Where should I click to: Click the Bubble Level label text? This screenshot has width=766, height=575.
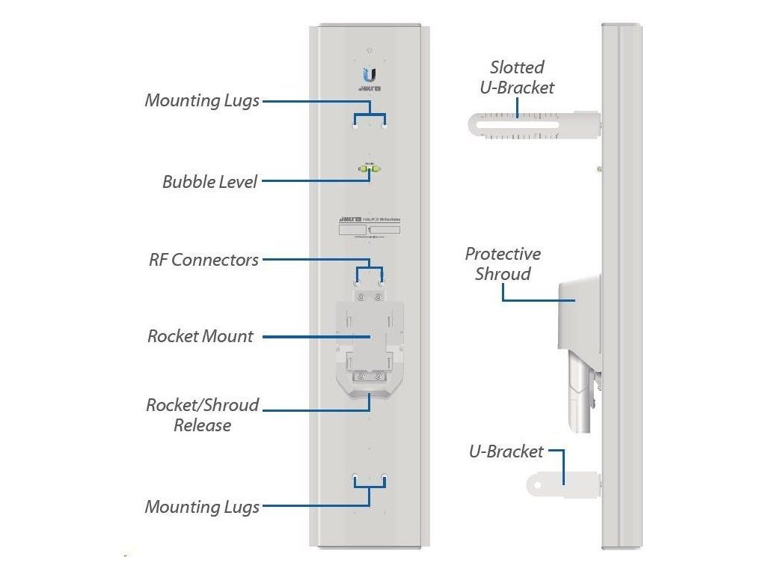coord(209,182)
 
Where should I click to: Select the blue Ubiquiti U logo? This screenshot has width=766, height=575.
coord(370,76)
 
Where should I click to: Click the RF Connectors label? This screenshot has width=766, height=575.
coord(203,261)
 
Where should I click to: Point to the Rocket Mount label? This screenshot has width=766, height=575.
coord(200,337)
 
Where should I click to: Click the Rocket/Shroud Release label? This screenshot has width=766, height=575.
coord(202,415)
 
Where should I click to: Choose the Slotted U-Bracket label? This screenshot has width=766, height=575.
coord(517,78)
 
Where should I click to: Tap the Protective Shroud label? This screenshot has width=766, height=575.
coord(503,264)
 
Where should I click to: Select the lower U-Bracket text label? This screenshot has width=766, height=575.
coord(506,451)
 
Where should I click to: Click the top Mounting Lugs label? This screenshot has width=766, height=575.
coord(202,100)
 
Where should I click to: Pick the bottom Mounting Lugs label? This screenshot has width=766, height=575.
coord(202,507)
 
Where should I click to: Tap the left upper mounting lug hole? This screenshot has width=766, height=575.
coord(356,127)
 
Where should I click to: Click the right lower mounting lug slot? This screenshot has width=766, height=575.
coord(384,476)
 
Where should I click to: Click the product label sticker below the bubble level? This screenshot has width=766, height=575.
coord(370,228)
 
